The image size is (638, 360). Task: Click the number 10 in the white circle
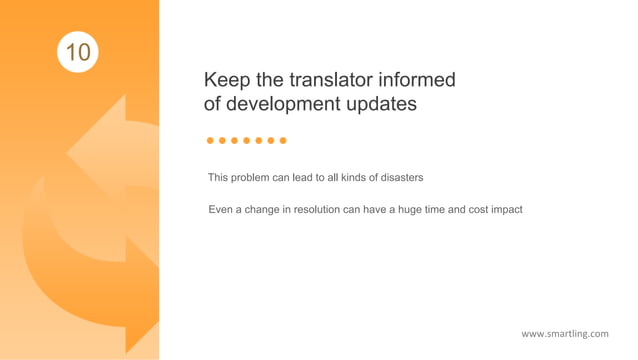pyautogui.click(x=78, y=51)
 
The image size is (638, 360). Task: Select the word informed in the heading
pyautogui.click(x=416, y=80)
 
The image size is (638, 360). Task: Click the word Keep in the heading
pyautogui.click(x=225, y=80)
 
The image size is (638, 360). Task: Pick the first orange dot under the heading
pyautogui.click(x=210, y=141)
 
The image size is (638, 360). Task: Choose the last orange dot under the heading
pyautogui.click(x=283, y=141)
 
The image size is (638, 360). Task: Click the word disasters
pyautogui.click(x=398, y=178)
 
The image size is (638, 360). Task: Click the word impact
pyautogui.click(x=505, y=210)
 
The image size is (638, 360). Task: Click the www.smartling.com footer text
pyautogui.click(x=564, y=333)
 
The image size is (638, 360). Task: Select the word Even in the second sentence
pyautogui.click(x=220, y=210)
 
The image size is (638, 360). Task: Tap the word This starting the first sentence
pyautogui.click(x=218, y=178)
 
